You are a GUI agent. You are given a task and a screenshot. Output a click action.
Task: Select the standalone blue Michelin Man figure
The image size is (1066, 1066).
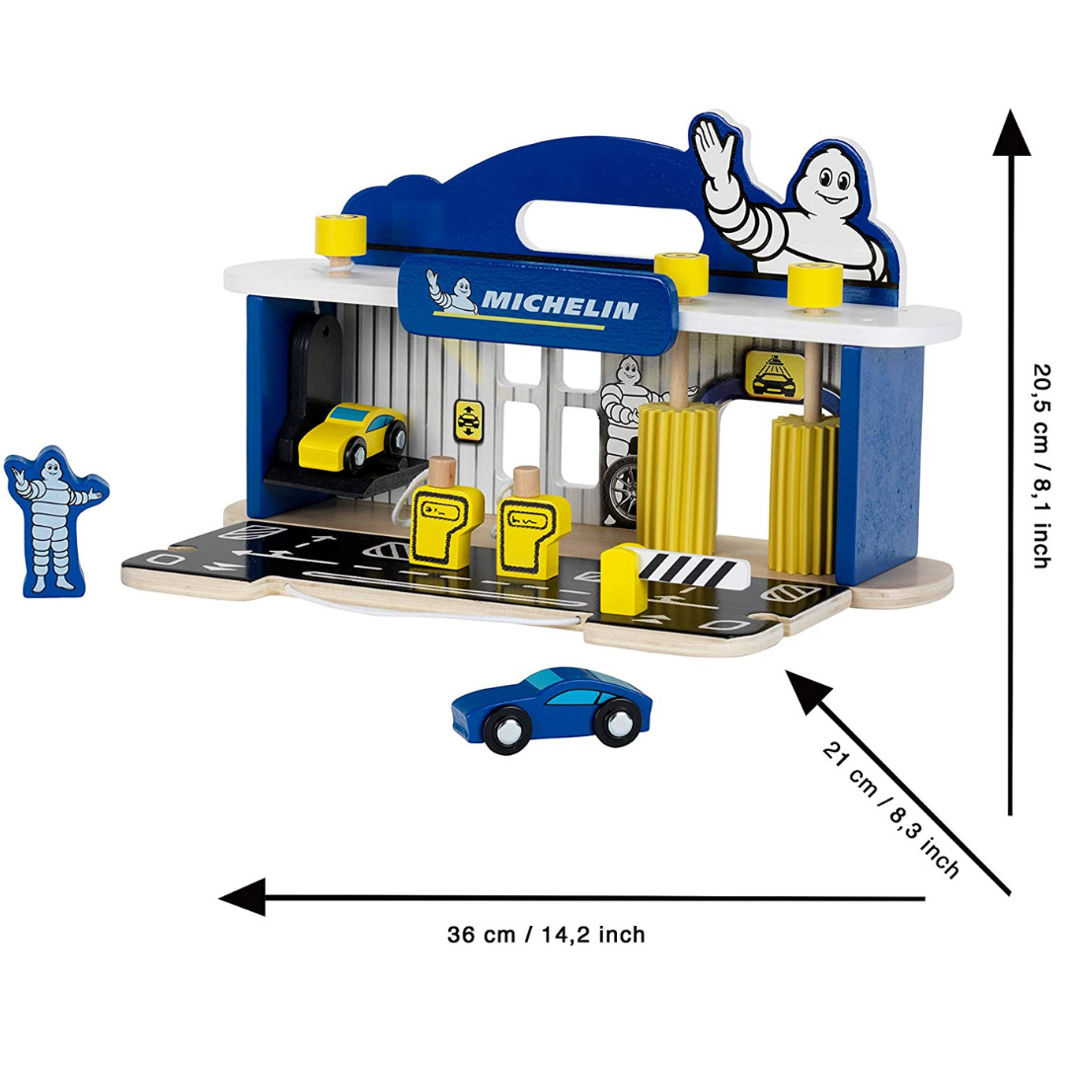54,519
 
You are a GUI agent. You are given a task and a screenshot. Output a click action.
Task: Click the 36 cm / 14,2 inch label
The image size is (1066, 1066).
546,934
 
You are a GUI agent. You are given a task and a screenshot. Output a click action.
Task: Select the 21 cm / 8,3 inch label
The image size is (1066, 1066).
889,808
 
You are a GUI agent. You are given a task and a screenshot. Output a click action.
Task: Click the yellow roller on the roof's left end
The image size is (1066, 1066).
341,234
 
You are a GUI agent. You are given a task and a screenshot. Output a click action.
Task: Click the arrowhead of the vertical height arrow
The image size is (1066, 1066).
1011,133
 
